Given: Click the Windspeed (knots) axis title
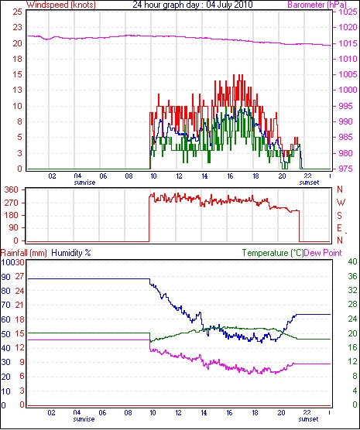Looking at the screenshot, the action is [61, 5].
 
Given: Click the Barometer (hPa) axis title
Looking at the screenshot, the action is [317, 5].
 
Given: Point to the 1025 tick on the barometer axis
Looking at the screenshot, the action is [348, 12].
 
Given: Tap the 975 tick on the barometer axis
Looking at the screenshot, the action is [346, 169].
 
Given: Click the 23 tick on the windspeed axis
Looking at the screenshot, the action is [17, 27].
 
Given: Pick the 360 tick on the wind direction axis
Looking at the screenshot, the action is [12, 189].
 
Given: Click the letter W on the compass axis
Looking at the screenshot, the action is [341, 203].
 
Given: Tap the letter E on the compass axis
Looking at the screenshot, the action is [339, 228].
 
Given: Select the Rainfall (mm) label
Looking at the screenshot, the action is [24, 253].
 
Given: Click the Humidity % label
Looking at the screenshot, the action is [71, 253].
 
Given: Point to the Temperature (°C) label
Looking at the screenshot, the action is [273, 253].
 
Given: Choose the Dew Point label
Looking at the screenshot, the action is [323, 253].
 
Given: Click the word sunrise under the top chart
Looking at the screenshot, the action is [84, 183].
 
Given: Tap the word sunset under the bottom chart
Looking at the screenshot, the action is [308, 419].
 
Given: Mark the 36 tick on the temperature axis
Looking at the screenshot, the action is [352, 276].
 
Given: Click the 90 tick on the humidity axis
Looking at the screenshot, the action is [5, 277].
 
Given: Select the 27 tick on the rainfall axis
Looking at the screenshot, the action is [19, 276].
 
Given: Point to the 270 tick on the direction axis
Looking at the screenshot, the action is [12, 203].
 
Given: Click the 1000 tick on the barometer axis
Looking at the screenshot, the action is [348, 90].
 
